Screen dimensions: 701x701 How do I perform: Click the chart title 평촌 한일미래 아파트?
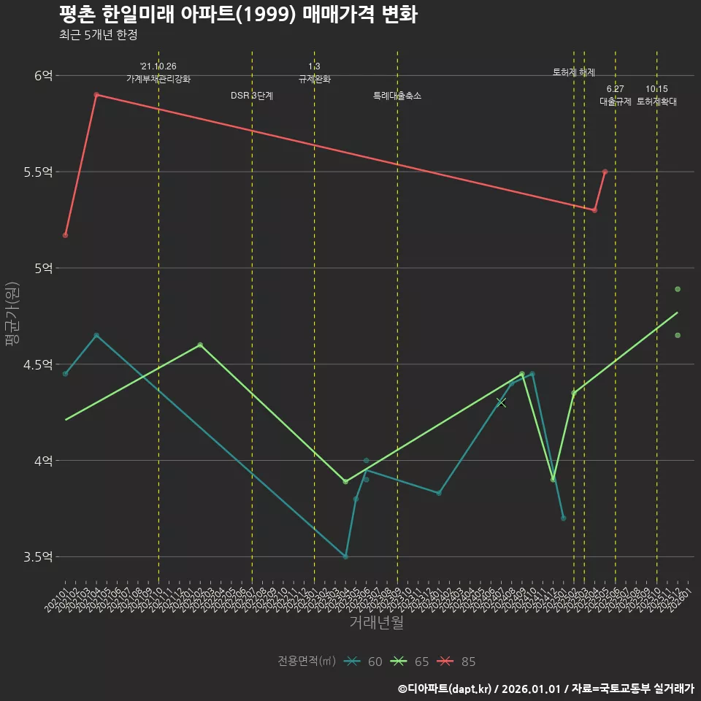[238, 15]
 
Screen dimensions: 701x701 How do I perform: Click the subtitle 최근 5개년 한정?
[98, 35]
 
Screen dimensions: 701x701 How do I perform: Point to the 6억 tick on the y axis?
[43, 75]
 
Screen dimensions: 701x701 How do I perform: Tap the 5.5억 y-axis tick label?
[39, 172]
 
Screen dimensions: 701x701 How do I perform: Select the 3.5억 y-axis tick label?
[39, 557]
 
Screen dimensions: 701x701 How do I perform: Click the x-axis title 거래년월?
[376, 623]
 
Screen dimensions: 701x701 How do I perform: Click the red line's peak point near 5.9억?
[96, 95]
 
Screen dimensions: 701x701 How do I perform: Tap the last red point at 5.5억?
[605, 172]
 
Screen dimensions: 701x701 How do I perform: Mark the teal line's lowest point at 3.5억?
[345, 556]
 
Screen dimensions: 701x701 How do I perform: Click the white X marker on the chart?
[501, 402]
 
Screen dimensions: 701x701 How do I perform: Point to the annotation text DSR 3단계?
[252, 96]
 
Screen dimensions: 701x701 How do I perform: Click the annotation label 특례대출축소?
[397, 96]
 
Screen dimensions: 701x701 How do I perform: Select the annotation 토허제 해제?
[574, 72]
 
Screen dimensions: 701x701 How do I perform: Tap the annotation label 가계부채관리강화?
[158, 79]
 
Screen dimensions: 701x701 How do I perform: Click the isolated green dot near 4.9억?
[678, 289]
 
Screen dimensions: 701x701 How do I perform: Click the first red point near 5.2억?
[65, 235]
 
